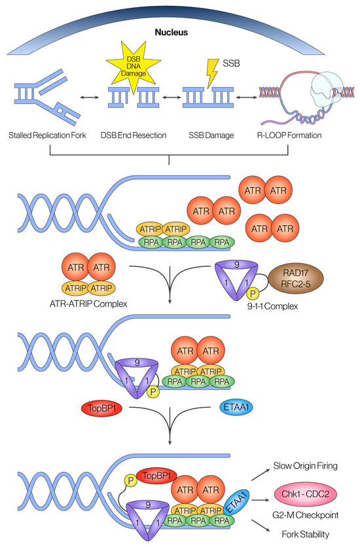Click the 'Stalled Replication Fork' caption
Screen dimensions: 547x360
50,135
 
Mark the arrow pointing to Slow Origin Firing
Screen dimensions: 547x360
262,472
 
